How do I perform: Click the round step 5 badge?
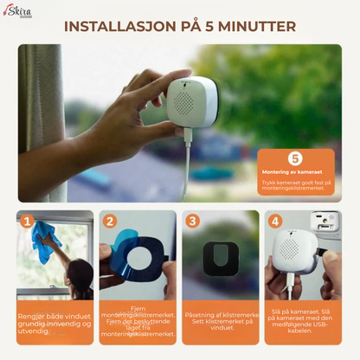pyautogui.click(x=295, y=158)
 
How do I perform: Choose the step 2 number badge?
pyautogui.click(x=110, y=221)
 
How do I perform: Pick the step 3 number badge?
pyautogui.click(x=192, y=221)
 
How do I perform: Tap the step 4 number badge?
pyautogui.click(x=275, y=221)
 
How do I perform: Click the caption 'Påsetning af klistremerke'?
pyautogui.click(x=222, y=320)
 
